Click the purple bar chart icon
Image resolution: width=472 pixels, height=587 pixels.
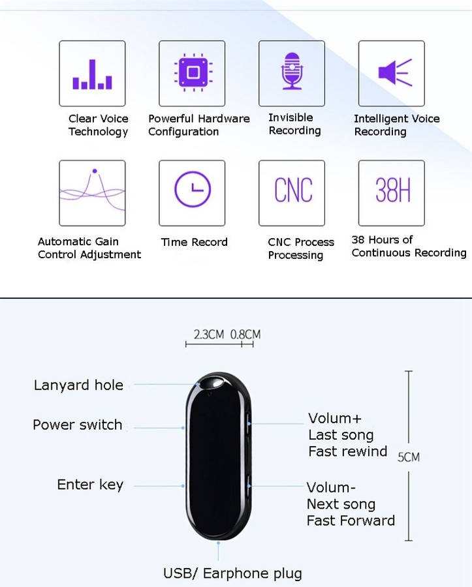click(x=92, y=74)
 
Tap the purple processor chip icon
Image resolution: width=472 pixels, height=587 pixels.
click(x=193, y=72)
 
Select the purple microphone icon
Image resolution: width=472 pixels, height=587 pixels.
click(x=292, y=70)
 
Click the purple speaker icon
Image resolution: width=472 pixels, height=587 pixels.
click(x=395, y=72)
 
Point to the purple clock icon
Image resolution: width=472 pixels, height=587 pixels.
click(x=193, y=189)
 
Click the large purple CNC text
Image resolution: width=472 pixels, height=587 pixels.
click(x=293, y=190)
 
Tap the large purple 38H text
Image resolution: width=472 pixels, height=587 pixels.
click(x=393, y=190)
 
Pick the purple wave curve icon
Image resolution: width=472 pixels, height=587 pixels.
click(x=93, y=190)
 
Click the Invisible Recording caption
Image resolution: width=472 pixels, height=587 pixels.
click(x=294, y=124)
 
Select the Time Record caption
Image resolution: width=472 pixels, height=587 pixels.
click(x=194, y=242)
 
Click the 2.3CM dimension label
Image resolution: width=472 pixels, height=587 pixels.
click(x=209, y=335)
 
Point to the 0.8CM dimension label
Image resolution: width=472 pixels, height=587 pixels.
click(x=245, y=335)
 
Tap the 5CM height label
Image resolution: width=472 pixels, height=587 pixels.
click(x=408, y=457)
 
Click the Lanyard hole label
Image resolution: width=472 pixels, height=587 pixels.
click(x=78, y=385)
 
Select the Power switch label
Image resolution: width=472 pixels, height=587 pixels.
click(x=78, y=425)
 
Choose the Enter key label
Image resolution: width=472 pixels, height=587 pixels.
click(x=90, y=485)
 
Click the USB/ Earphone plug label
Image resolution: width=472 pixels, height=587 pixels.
click(x=232, y=573)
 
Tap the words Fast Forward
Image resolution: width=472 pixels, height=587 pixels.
click(x=351, y=520)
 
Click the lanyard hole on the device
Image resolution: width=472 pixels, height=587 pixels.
click(x=212, y=383)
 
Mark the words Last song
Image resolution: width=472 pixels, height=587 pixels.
click(x=341, y=435)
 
